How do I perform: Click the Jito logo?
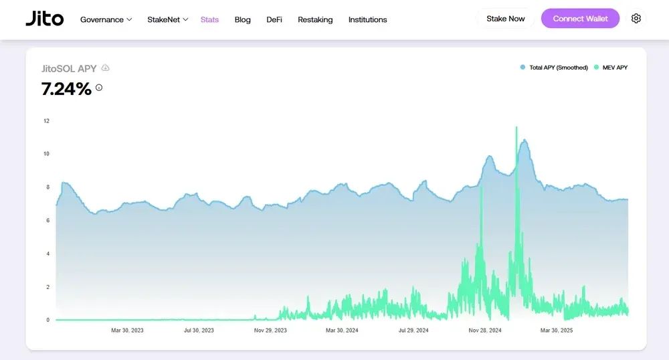(x=45, y=19)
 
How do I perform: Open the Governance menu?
(x=106, y=19)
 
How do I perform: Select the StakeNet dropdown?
(x=167, y=19)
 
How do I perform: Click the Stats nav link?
(x=209, y=19)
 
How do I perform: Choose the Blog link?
(x=243, y=19)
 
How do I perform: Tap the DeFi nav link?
(x=274, y=19)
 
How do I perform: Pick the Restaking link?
(x=315, y=19)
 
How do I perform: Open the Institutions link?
(x=367, y=19)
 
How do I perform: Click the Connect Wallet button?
(x=580, y=19)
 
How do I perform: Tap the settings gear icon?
(x=636, y=19)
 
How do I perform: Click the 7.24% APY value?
(x=66, y=88)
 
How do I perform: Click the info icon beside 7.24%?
(x=99, y=88)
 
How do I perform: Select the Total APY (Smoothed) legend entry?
(x=555, y=68)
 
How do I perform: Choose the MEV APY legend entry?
(x=611, y=68)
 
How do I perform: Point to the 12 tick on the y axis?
(x=47, y=121)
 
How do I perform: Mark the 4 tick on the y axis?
(x=47, y=254)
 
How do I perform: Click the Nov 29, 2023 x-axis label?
(x=270, y=331)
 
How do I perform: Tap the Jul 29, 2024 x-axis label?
(x=413, y=331)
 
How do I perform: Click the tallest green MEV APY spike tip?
(x=516, y=127)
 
